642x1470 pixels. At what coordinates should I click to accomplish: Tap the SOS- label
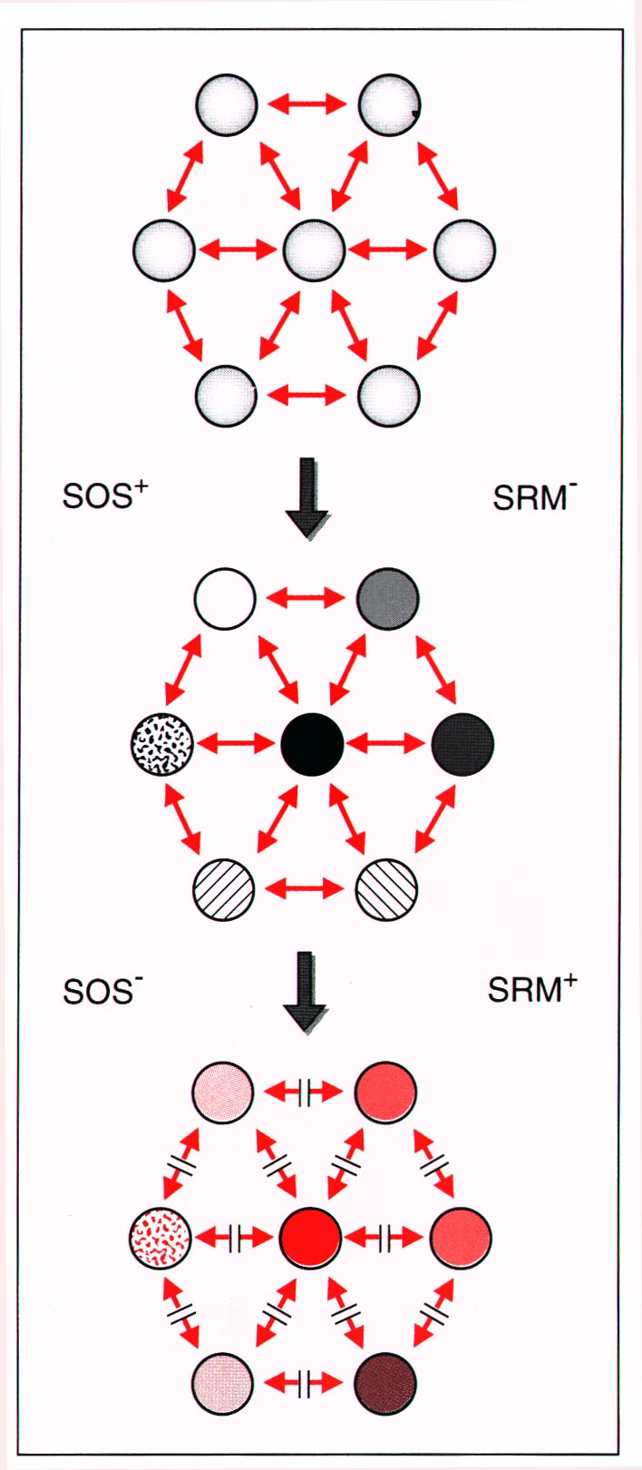tap(102, 991)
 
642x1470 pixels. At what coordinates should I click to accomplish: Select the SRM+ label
tap(532, 989)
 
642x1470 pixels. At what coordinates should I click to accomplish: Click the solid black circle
tap(312, 744)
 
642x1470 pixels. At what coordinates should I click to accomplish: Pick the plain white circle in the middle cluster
tap(225, 599)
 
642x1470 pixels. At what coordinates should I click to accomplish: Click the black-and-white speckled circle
tap(161, 744)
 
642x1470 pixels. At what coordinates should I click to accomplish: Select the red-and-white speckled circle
tap(160, 1237)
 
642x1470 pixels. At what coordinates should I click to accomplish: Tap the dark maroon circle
tap(385, 1385)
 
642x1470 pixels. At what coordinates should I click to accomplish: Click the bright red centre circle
tap(311, 1237)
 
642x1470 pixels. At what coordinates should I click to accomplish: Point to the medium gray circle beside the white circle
tap(388, 599)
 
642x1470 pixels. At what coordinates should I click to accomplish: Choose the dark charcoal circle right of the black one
tap(462, 744)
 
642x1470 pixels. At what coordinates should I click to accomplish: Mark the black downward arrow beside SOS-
tap(306, 992)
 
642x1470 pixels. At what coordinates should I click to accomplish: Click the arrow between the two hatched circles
tap(306, 888)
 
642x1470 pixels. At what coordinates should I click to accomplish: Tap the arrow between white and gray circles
tap(307, 599)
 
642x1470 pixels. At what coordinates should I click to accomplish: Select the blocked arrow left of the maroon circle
tap(305, 1385)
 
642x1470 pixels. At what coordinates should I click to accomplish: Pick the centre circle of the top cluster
tap(314, 250)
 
